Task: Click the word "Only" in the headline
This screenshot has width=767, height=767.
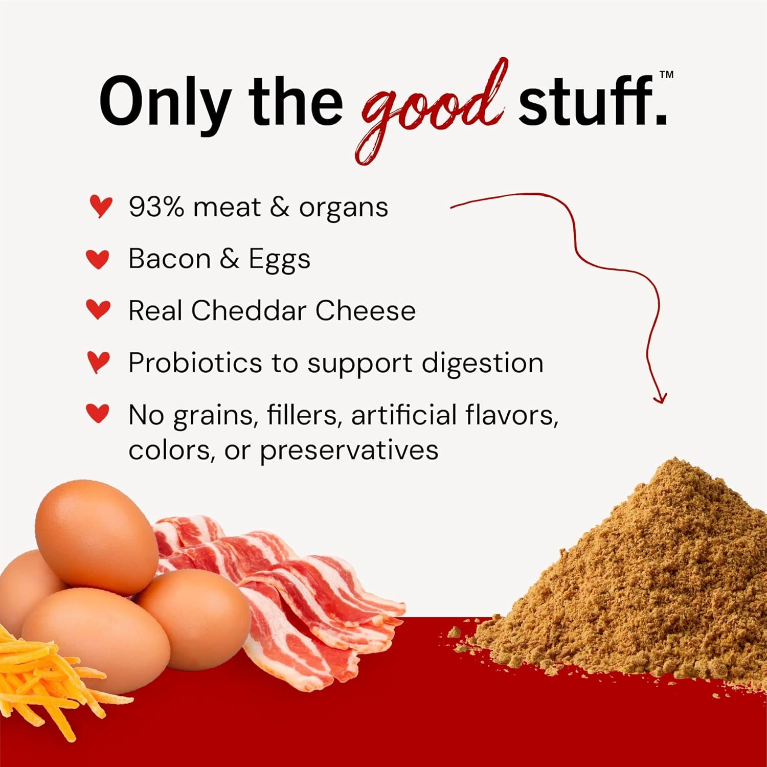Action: click(164, 102)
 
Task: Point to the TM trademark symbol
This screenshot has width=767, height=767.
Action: click(666, 75)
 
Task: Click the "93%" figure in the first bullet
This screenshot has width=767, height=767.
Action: click(156, 207)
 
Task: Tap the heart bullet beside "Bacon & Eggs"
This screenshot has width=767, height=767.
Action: click(98, 259)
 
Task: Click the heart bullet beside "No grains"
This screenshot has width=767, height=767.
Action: click(98, 413)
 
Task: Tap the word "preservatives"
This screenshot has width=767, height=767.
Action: click(349, 451)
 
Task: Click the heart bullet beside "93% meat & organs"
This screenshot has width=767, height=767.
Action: click(100, 206)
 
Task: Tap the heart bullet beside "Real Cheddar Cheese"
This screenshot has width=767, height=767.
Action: click(98, 310)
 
